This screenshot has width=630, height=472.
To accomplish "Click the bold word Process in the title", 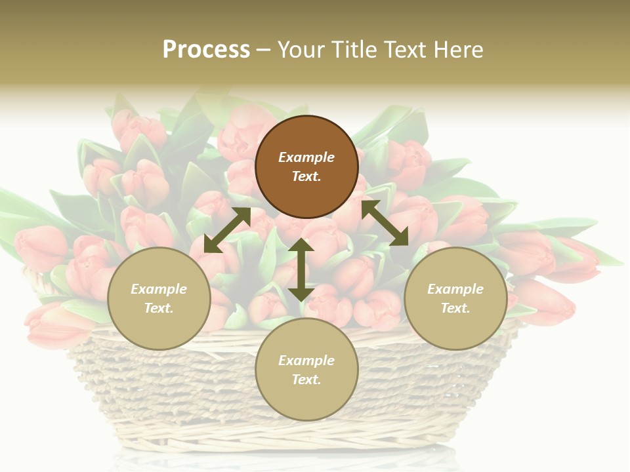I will (206, 50).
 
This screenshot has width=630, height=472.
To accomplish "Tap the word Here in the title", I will (460, 50).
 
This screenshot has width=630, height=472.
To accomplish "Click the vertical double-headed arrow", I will (301, 269).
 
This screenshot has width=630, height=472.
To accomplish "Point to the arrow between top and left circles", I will (227, 229).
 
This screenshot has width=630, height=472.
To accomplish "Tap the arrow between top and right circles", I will (385, 223).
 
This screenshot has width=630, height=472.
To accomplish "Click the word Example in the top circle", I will (306, 157).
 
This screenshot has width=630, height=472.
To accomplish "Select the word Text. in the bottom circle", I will (306, 380).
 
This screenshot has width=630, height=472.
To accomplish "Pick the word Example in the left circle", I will (159, 289).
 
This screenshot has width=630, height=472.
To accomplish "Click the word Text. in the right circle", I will (455, 308).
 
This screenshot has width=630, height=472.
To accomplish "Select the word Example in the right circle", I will (455, 289).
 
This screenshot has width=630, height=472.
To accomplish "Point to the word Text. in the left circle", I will (159, 308).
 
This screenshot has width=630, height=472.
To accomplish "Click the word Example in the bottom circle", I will (306, 361).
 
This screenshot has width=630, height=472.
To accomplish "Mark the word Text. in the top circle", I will (306, 176).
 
